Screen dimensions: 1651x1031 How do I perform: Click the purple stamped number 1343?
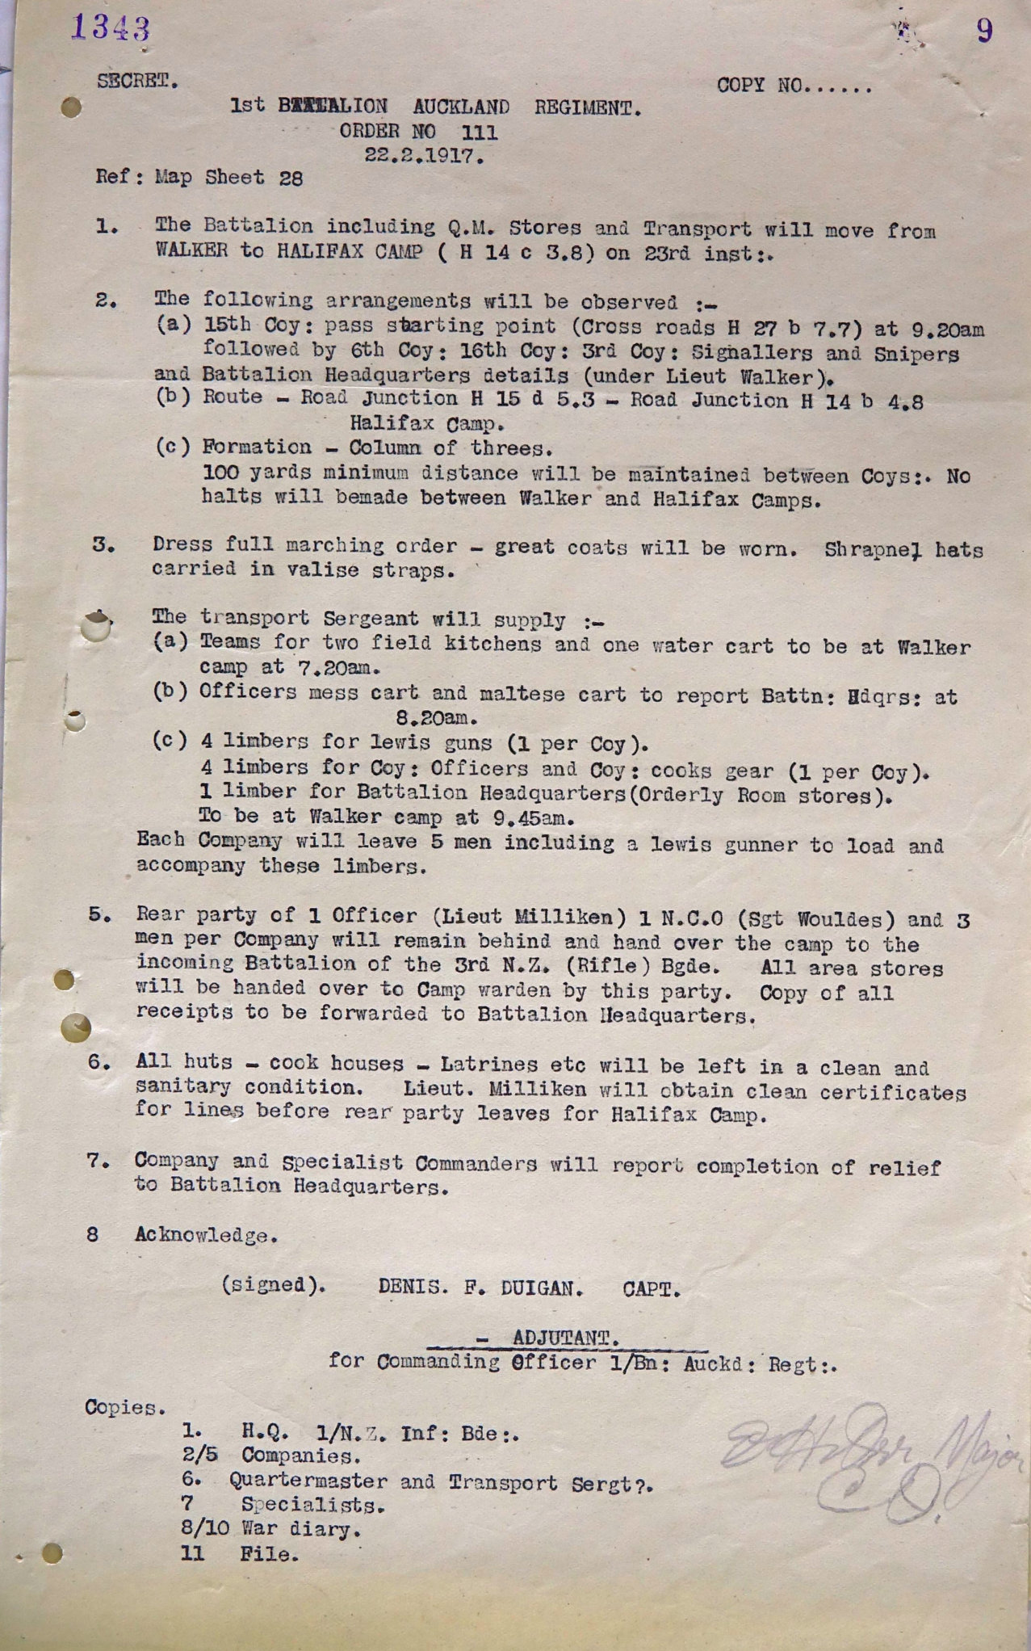[x=110, y=28]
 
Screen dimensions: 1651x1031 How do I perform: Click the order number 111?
[x=479, y=132]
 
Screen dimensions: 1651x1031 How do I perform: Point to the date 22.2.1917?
[x=424, y=156]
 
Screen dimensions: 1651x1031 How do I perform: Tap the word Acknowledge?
[x=204, y=1235]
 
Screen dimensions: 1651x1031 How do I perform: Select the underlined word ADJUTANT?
[x=565, y=1338]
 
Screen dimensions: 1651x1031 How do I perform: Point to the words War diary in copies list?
[x=300, y=1529]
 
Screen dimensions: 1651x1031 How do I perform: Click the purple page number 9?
[x=984, y=31]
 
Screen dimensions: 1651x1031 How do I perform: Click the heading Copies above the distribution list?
[x=124, y=1407]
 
